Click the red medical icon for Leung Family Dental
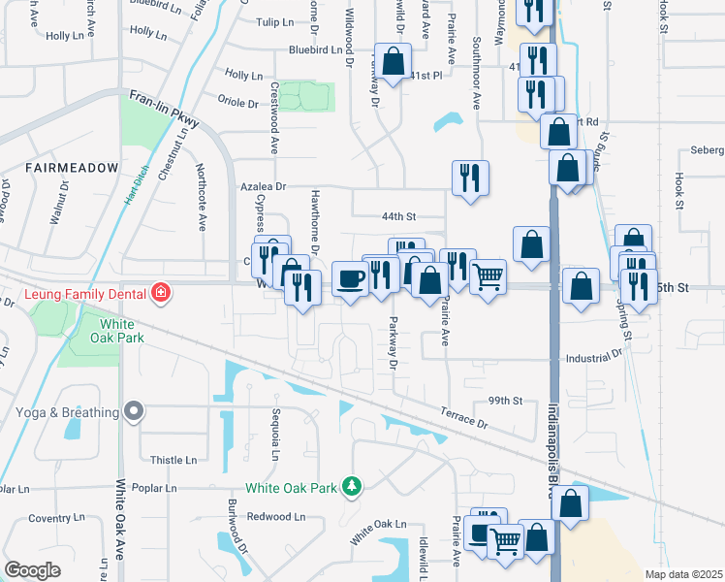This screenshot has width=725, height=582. (x=160, y=292)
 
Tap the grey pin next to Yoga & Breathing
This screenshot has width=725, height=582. (x=135, y=412)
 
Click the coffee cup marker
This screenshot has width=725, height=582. (x=350, y=278)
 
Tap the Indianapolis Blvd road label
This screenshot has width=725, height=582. (x=553, y=446)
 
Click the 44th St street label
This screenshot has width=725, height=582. (x=398, y=216)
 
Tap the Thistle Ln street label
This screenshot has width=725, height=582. (x=174, y=461)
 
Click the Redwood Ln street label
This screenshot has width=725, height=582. (x=267, y=517)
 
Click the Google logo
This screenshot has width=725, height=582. (x=33, y=569)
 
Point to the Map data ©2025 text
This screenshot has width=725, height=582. (x=683, y=574)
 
